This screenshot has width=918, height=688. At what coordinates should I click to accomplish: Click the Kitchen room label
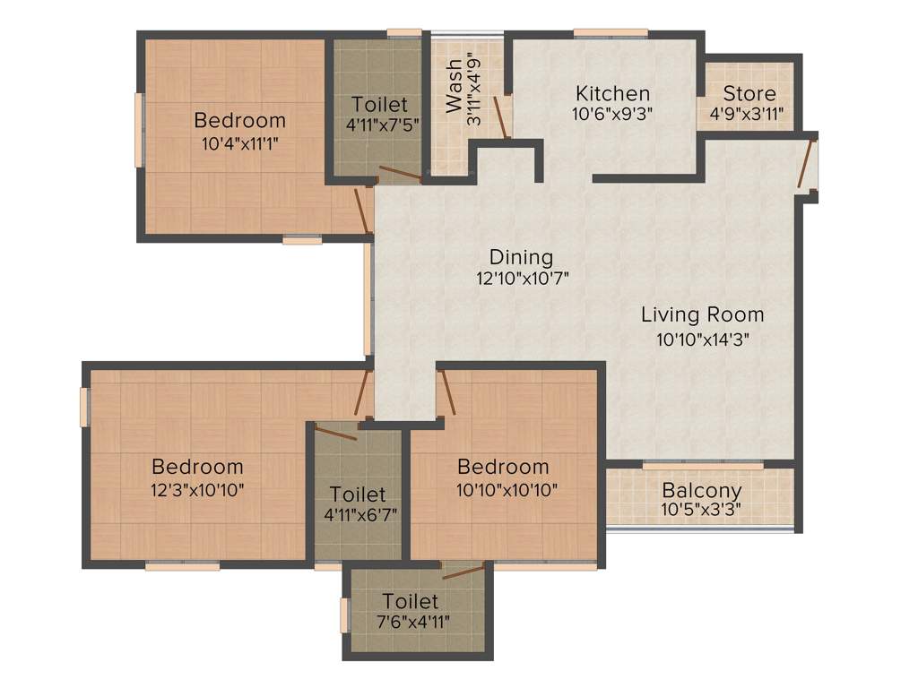pyautogui.click(x=612, y=93)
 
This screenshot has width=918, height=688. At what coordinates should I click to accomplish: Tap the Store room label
pyautogui.click(x=749, y=93)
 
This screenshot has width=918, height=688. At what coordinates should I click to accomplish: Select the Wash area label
pyautogui.click(x=455, y=86)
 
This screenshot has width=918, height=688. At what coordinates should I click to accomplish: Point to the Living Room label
pyautogui.click(x=702, y=314)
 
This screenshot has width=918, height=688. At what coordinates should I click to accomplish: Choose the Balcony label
pyautogui.click(x=701, y=491)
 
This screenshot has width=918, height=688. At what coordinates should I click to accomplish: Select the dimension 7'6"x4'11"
pyautogui.click(x=411, y=622)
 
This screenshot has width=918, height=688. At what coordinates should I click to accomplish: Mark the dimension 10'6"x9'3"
pyautogui.click(x=612, y=114)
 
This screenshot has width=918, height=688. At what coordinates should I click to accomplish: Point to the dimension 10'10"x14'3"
pyautogui.click(x=702, y=339)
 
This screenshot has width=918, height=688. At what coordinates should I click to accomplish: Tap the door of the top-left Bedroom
pyautogui.click(x=363, y=211)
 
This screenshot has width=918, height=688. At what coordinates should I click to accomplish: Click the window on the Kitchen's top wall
pyautogui.click(x=611, y=33)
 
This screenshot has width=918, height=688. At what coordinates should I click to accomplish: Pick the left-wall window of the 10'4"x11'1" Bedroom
pyautogui.click(x=138, y=130)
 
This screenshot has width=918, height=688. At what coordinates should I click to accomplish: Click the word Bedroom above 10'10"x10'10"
pyautogui.click(x=503, y=467)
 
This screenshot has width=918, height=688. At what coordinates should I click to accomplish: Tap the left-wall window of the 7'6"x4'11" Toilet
pyautogui.click(x=344, y=616)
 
